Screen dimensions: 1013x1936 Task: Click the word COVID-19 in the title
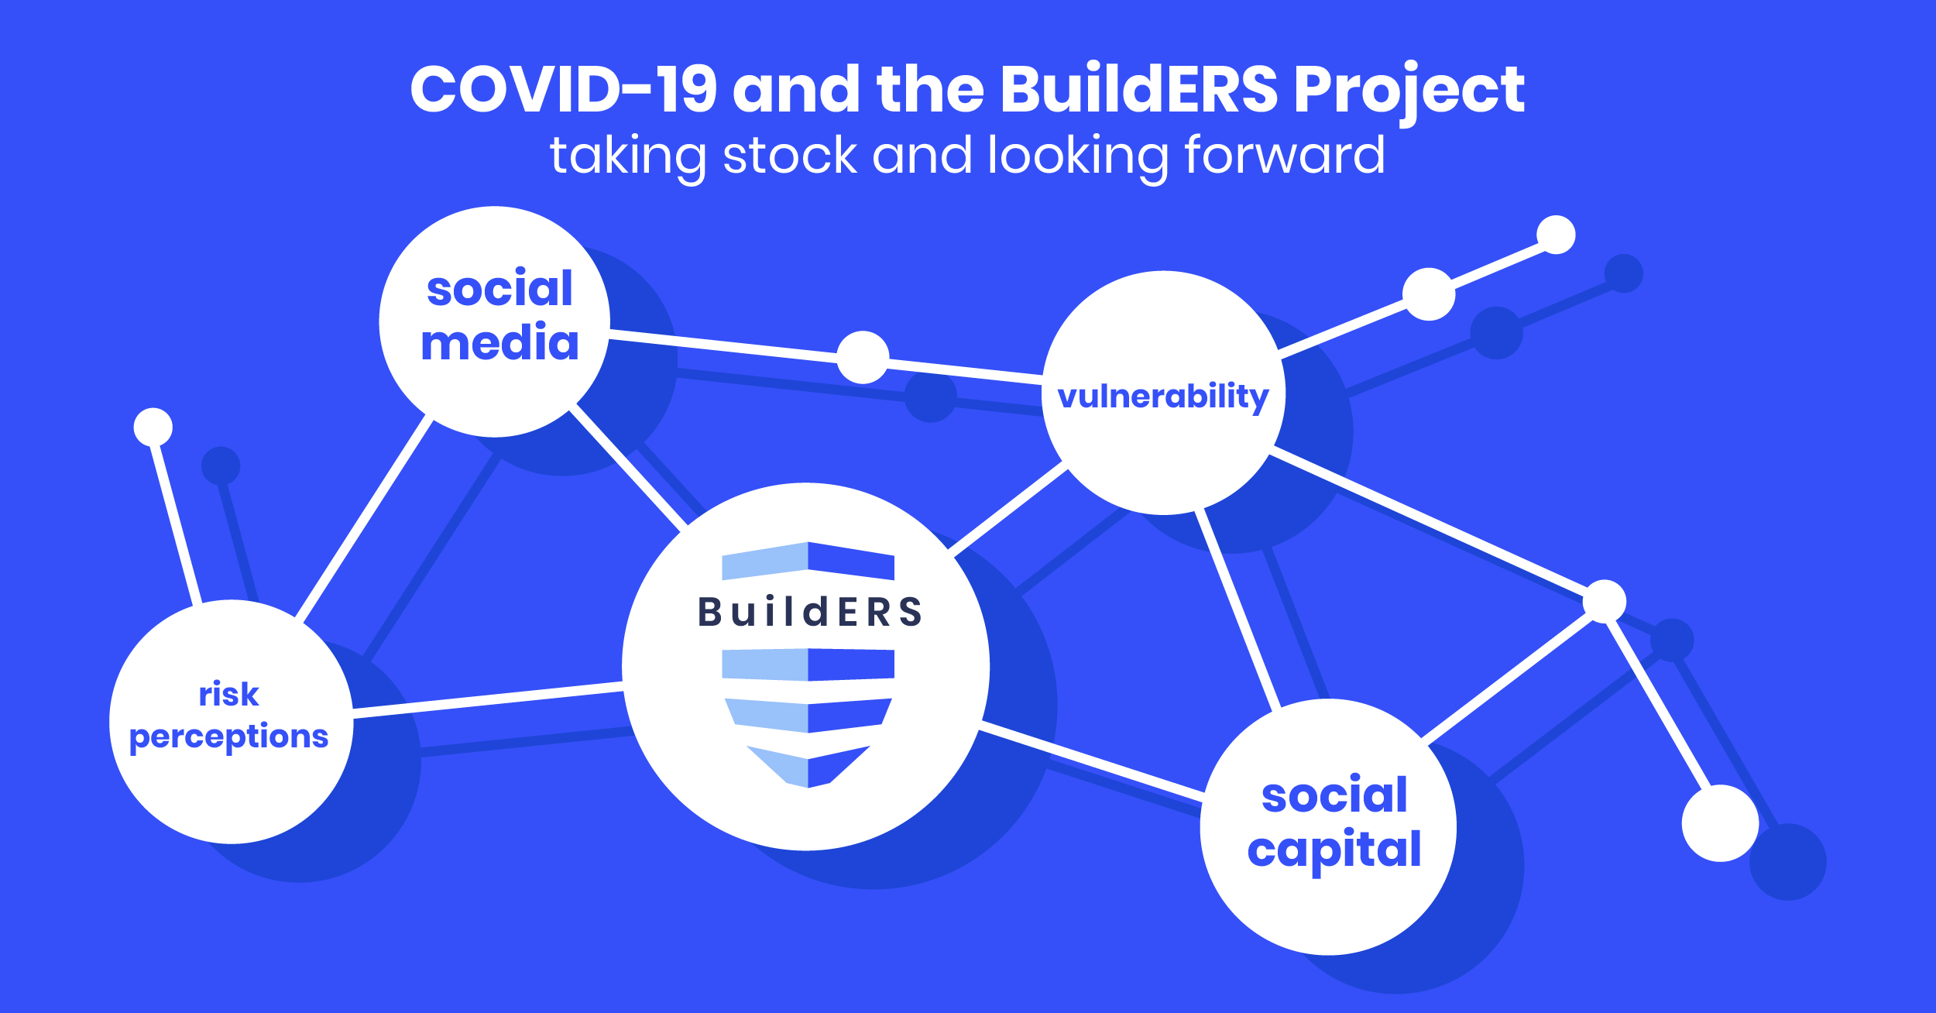coord(563,89)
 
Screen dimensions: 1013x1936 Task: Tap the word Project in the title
coord(1409,91)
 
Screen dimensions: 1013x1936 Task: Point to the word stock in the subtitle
coord(789,156)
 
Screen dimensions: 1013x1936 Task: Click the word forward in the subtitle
coord(1285,156)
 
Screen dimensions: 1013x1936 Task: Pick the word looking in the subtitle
coord(1078,157)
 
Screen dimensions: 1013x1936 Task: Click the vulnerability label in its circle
coord(1162,397)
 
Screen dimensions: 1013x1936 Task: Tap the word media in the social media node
coord(499,343)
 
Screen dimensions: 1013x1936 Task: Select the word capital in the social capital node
coord(1334,850)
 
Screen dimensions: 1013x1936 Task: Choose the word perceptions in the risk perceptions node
coord(228,737)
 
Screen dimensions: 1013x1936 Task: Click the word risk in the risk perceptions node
coord(228,694)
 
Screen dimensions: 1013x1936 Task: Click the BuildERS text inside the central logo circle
coord(810,612)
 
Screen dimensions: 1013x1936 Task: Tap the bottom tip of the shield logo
coord(808,785)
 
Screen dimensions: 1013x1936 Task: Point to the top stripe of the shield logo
coord(808,561)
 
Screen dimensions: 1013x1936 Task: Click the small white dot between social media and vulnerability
coord(863,357)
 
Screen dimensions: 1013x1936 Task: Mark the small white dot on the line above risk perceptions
coord(153,427)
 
